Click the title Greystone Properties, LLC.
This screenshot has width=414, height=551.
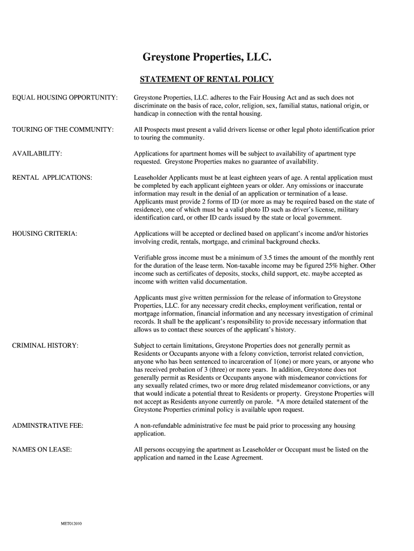pos(206,57)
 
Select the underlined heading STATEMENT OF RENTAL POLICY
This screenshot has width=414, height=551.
pos(206,80)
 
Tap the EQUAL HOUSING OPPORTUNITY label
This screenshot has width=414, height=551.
pos(65,97)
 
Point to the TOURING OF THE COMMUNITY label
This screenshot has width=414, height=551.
pos(62,130)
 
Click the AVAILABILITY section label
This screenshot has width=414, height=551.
pos(37,154)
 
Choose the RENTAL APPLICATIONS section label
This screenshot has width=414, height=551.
pos(52,177)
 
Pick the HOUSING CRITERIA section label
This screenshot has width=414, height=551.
pos(45,234)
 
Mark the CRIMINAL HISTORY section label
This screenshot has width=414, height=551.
pos(45,345)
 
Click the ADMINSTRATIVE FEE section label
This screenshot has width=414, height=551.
pos(47,426)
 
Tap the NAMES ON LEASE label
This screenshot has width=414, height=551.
pos(42,449)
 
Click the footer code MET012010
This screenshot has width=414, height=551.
pos(70,524)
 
